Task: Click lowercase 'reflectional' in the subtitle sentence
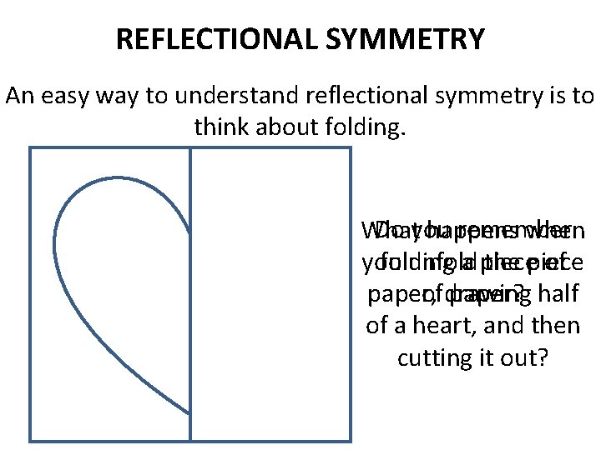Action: tap(370, 97)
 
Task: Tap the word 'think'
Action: tap(221, 127)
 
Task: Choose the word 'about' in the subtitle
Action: tap(284, 127)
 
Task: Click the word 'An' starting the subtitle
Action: tap(18, 97)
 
